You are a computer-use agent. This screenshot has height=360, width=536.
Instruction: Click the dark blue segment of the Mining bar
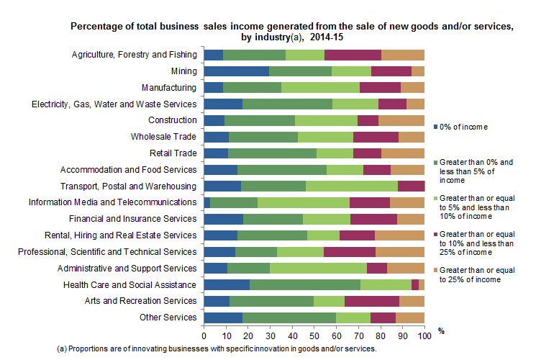pyautogui.click(x=236, y=71)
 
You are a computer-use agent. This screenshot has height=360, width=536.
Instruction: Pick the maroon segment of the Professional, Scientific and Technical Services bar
pyautogui.click(x=350, y=251)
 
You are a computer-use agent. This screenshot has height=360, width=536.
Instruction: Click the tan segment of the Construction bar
pyautogui.click(x=401, y=120)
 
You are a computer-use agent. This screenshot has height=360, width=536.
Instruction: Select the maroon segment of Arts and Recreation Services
pyautogui.click(x=372, y=300)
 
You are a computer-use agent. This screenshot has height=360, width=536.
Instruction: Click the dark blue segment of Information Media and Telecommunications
pyautogui.click(x=206, y=202)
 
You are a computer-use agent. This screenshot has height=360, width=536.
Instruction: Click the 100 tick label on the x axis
pyautogui.click(x=424, y=336)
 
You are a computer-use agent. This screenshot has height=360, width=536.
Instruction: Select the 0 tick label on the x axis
pyautogui.click(x=204, y=336)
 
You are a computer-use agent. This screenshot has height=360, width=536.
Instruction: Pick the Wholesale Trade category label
pyautogui.click(x=163, y=136)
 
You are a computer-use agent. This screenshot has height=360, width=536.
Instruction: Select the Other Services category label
pyautogui.click(x=168, y=317)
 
